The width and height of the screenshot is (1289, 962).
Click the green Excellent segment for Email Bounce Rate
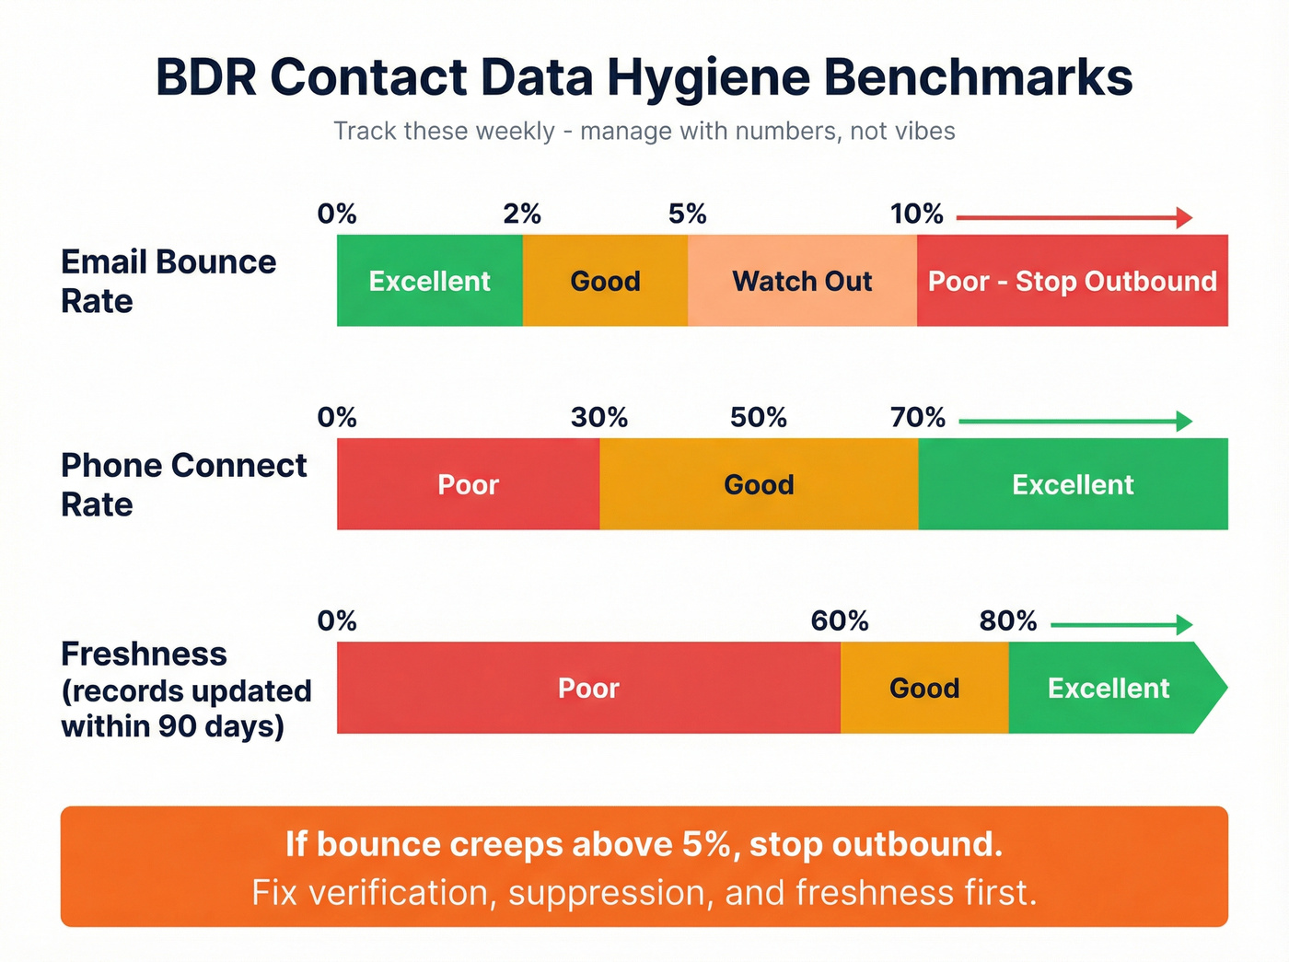429,281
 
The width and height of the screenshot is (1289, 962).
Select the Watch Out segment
802,281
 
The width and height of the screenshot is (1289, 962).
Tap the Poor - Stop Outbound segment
1072,281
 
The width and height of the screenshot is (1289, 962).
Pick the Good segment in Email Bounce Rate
605,281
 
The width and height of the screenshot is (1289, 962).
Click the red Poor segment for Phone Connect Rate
468,484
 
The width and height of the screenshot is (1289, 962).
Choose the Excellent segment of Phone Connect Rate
1073,484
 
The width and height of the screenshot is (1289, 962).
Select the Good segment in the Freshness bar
924,688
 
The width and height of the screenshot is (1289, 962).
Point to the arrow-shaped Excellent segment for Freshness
1109,688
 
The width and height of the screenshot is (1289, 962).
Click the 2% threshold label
522,214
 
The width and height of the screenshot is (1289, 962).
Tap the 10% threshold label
916,214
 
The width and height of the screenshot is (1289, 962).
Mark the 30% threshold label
599,418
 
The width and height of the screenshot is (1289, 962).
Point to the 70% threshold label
918,418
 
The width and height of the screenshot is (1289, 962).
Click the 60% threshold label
840,621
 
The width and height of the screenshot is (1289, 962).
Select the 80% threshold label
1008,621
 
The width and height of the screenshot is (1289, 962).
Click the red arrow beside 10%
1074,218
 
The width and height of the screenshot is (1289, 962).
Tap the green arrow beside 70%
1075,422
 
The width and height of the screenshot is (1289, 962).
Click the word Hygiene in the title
708,77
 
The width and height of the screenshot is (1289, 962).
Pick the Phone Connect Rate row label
183,485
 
